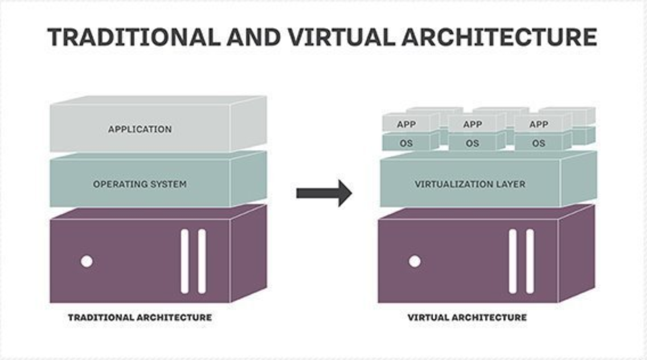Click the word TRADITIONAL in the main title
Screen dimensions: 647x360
134,37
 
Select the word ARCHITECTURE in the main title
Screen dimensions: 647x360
499,37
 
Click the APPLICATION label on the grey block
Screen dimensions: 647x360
140,129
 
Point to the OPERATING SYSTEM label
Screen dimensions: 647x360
140,184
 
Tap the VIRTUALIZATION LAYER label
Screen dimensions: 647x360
470,184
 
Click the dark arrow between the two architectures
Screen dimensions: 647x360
324,193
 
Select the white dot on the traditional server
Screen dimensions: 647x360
87,261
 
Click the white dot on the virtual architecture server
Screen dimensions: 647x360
415,261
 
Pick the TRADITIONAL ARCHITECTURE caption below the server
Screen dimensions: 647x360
140,317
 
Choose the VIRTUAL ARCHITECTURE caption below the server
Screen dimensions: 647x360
467,317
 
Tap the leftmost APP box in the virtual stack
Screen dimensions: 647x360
407,124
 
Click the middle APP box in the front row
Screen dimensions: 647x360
473,124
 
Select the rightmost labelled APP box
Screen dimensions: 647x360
538,124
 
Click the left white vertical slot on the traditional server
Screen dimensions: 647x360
185,262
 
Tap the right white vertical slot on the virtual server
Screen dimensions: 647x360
530,262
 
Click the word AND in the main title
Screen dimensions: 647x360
254,37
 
